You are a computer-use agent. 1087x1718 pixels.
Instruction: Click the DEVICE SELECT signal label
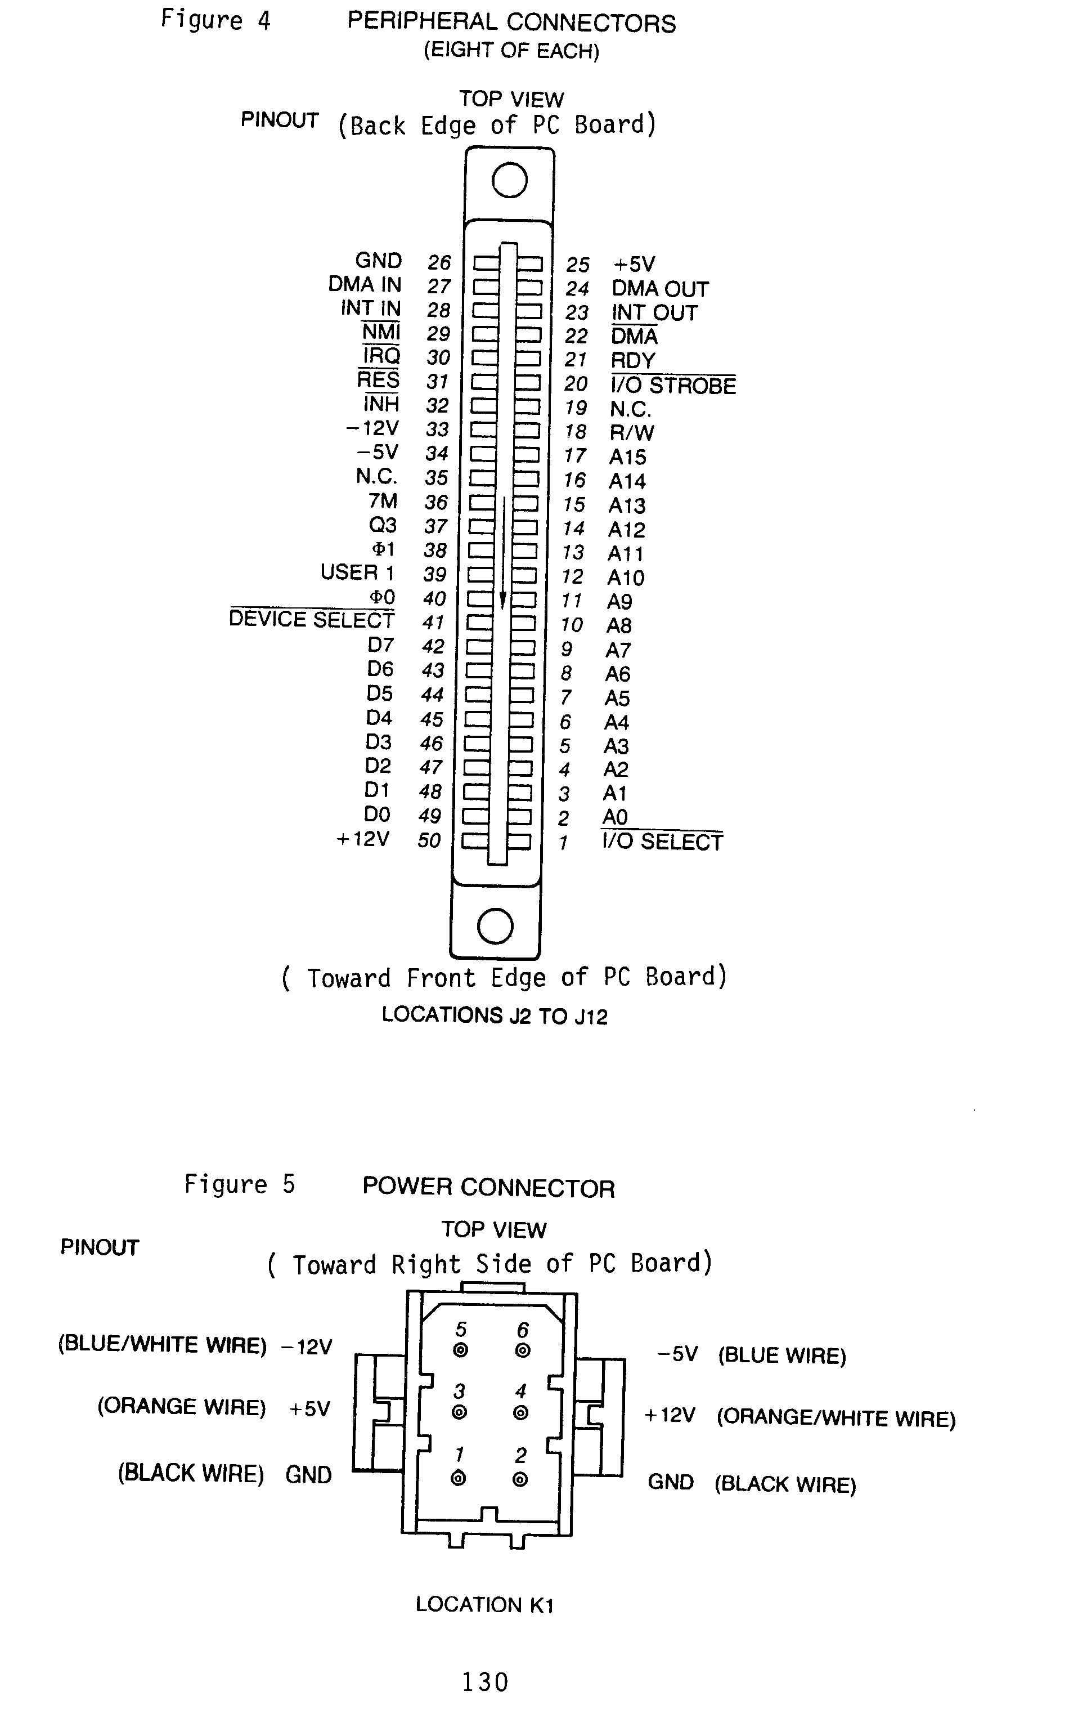tap(312, 619)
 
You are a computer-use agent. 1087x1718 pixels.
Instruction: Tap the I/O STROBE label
tap(673, 385)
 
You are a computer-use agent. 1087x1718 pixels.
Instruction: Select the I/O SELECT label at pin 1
tap(663, 842)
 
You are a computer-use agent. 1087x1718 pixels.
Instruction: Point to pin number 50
tap(429, 840)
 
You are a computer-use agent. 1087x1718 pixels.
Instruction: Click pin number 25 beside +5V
tap(578, 265)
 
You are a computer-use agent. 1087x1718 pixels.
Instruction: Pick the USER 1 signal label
tap(357, 572)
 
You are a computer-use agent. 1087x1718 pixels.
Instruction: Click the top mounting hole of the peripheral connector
tap(509, 179)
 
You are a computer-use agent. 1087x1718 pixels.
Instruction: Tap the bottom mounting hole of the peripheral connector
tap(495, 925)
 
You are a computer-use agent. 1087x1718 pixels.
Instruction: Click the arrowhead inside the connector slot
tap(503, 600)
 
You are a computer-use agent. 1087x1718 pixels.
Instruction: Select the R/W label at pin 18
tap(632, 433)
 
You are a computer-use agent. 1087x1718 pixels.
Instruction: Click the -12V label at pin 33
tap(372, 428)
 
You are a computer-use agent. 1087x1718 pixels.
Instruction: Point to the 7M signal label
tap(383, 501)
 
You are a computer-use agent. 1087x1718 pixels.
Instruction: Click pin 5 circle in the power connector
tap(461, 1350)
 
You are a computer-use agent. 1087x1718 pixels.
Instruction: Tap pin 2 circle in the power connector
tap(520, 1479)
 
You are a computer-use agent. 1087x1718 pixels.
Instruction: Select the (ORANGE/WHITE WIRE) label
tap(836, 1417)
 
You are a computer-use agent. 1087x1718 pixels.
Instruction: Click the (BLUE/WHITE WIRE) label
tap(163, 1345)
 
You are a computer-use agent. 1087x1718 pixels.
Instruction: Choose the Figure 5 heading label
tap(240, 1184)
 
